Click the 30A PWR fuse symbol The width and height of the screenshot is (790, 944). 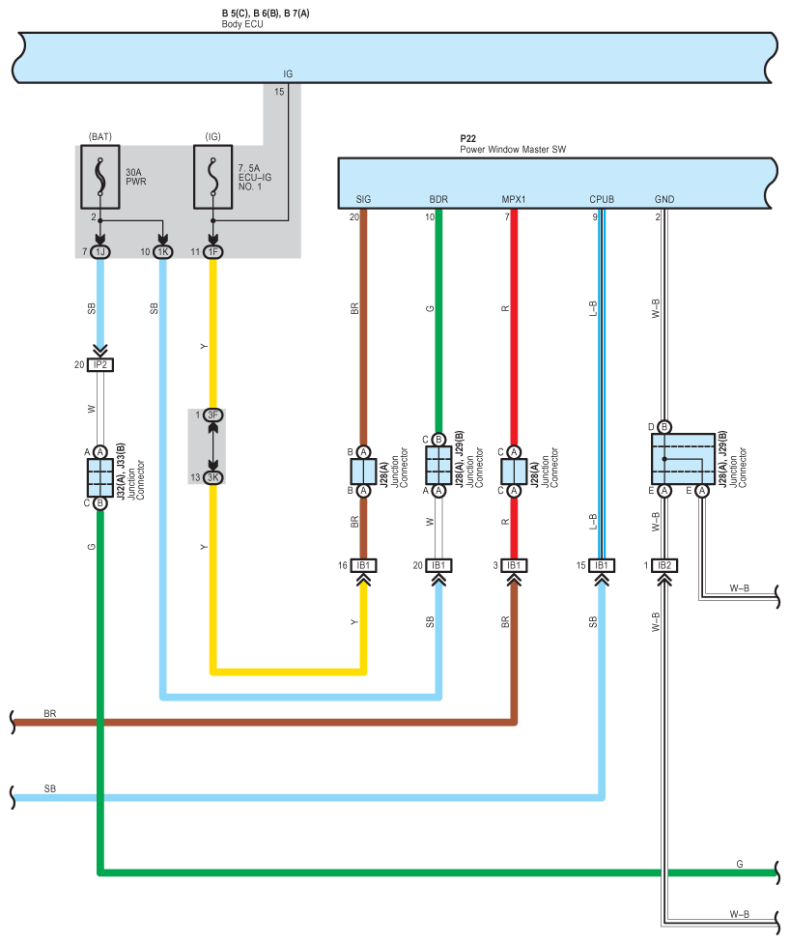pyautogui.click(x=100, y=177)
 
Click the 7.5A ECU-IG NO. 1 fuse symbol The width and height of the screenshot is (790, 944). pyautogui.click(x=213, y=177)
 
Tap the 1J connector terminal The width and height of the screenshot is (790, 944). pyautogui.click(x=100, y=251)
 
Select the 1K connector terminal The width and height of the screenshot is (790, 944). pyautogui.click(x=163, y=251)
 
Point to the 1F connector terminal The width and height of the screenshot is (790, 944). pyautogui.click(x=213, y=251)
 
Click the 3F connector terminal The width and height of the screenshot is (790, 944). pyautogui.click(x=213, y=415)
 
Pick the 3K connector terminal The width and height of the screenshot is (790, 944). pyautogui.click(x=213, y=477)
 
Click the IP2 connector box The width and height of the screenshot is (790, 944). pyautogui.click(x=100, y=365)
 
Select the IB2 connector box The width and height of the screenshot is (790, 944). pyautogui.click(x=664, y=565)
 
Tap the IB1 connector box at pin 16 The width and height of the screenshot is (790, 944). pyautogui.click(x=363, y=565)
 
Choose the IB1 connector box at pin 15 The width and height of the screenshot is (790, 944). pyautogui.click(x=602, y=565)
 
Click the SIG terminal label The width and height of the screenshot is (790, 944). pyautogui.click(x=363, y=199)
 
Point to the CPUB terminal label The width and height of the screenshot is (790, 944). pyautogui.click(x=602, y=199)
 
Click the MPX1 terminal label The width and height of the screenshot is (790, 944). pyautogui.click(x=514, y=199)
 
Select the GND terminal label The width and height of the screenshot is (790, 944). pyautogui.click(x=664, y=199)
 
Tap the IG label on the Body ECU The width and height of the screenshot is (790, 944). pyautogui.click(x=288, y=74)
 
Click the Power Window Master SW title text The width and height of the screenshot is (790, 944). pyautogui.click(x=513, y=150)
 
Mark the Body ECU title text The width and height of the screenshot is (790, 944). pyautogui.click(x=242, y=24)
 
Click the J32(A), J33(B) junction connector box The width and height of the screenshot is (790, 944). pyautogui.click(x=100, y=477)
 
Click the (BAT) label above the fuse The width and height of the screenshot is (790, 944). pyautogui.click(x=100, y=136)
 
